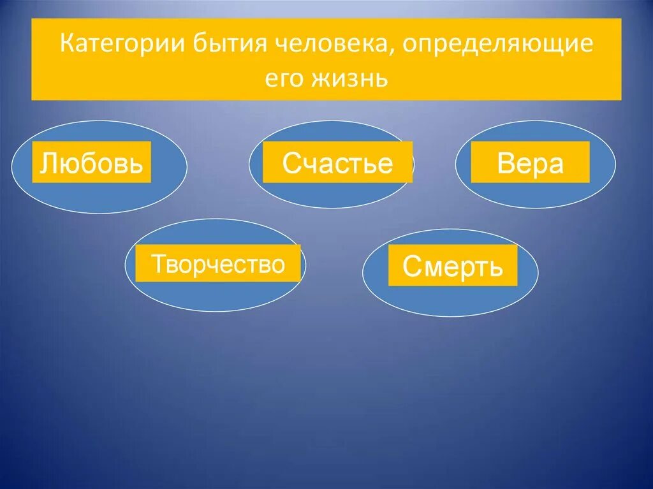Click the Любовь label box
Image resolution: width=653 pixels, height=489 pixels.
coord(91,162)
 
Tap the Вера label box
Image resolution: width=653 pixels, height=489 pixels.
coord(530,163)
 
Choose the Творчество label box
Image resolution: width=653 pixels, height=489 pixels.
coord(217,263)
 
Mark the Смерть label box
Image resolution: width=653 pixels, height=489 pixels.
coord(452,266)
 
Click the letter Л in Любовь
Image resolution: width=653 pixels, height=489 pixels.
coord(48,163)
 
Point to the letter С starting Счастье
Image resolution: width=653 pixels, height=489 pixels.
coord(290,164)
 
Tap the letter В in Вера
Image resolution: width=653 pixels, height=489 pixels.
coord(506,164)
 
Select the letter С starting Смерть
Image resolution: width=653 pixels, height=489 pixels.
coord(411,268)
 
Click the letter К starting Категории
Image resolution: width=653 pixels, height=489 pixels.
coord(66,47)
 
